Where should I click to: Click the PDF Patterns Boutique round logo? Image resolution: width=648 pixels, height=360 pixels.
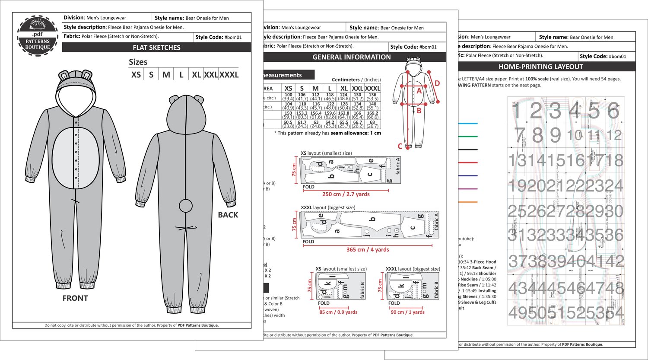coord(37,35)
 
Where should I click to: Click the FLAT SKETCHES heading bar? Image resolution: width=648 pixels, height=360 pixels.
coord(156,48)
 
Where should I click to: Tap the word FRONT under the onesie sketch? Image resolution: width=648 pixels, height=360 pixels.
coord(75,298)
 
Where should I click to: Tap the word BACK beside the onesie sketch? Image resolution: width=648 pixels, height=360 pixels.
coord(228,215)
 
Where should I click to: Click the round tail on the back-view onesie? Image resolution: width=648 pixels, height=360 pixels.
coord(186,206)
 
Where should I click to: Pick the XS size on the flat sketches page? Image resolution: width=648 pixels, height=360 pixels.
coord(136,75)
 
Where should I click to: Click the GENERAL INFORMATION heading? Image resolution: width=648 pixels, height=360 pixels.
coord(351,57)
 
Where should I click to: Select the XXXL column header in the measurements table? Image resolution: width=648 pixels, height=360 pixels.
coord(372,88)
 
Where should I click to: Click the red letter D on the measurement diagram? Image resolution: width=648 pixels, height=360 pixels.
coord(437,83)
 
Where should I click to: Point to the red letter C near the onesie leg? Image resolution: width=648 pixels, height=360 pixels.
coord(400,147)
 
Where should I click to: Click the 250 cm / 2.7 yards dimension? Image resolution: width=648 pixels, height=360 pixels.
coord(346,194)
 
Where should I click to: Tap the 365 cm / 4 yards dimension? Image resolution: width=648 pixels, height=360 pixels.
coord(368,250)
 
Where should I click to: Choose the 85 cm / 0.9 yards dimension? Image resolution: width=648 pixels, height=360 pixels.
coord(338,312)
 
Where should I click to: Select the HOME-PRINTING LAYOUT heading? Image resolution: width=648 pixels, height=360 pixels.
coord(541,67)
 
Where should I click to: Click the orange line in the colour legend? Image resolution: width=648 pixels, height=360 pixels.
coord(467,202)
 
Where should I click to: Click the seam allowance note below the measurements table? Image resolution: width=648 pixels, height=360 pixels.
coord(328,133)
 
